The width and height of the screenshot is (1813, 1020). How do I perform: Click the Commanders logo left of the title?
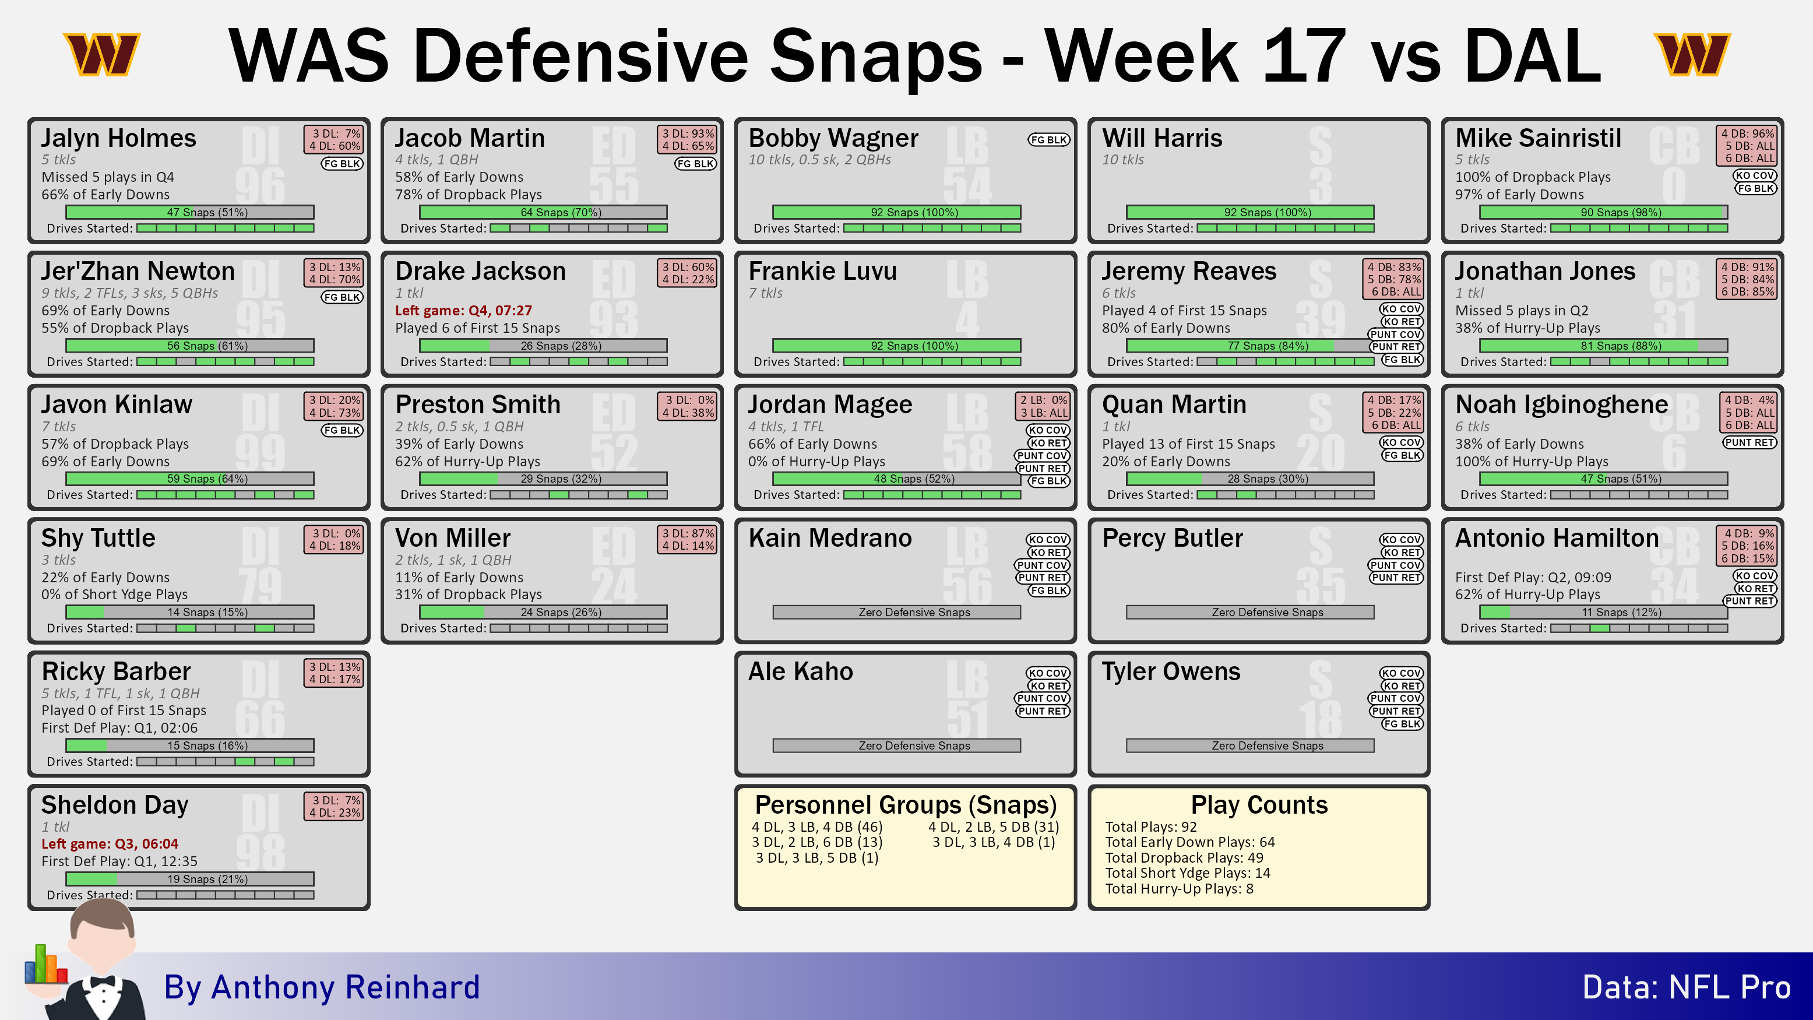(x=102, y=54)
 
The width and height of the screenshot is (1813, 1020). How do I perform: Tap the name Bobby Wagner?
(x=833, y=138)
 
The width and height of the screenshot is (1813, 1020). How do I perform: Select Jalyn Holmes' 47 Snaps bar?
(x=190, y=212)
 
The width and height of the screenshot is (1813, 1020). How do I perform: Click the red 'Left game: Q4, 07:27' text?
(x=463, y=311)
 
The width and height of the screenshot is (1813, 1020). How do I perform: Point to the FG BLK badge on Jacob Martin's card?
(x=695, y=164)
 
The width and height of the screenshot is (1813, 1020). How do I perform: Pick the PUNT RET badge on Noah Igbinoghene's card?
(x=1749, y=442)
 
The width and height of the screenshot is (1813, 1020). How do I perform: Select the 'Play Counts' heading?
(x=1259, y=804)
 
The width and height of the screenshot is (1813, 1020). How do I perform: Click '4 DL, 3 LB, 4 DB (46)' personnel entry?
(x=816, y=827)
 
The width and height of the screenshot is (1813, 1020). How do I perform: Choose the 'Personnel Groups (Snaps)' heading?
(x=906, y=804)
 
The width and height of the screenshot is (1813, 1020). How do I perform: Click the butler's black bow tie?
(x=102, y=980)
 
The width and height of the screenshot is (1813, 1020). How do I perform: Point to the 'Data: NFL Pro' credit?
(x=1687, y=987)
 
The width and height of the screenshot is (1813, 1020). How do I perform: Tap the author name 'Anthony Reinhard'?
(x=346, y=987)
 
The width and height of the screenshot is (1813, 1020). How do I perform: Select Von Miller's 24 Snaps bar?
(x=543, y=613)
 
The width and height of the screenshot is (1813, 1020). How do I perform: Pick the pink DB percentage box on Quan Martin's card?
(x=1393, y=413)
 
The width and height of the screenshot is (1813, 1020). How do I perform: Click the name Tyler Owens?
(x=1171, y=671)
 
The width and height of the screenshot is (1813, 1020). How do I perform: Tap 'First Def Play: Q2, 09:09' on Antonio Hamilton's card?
(x=1533, y=577)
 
